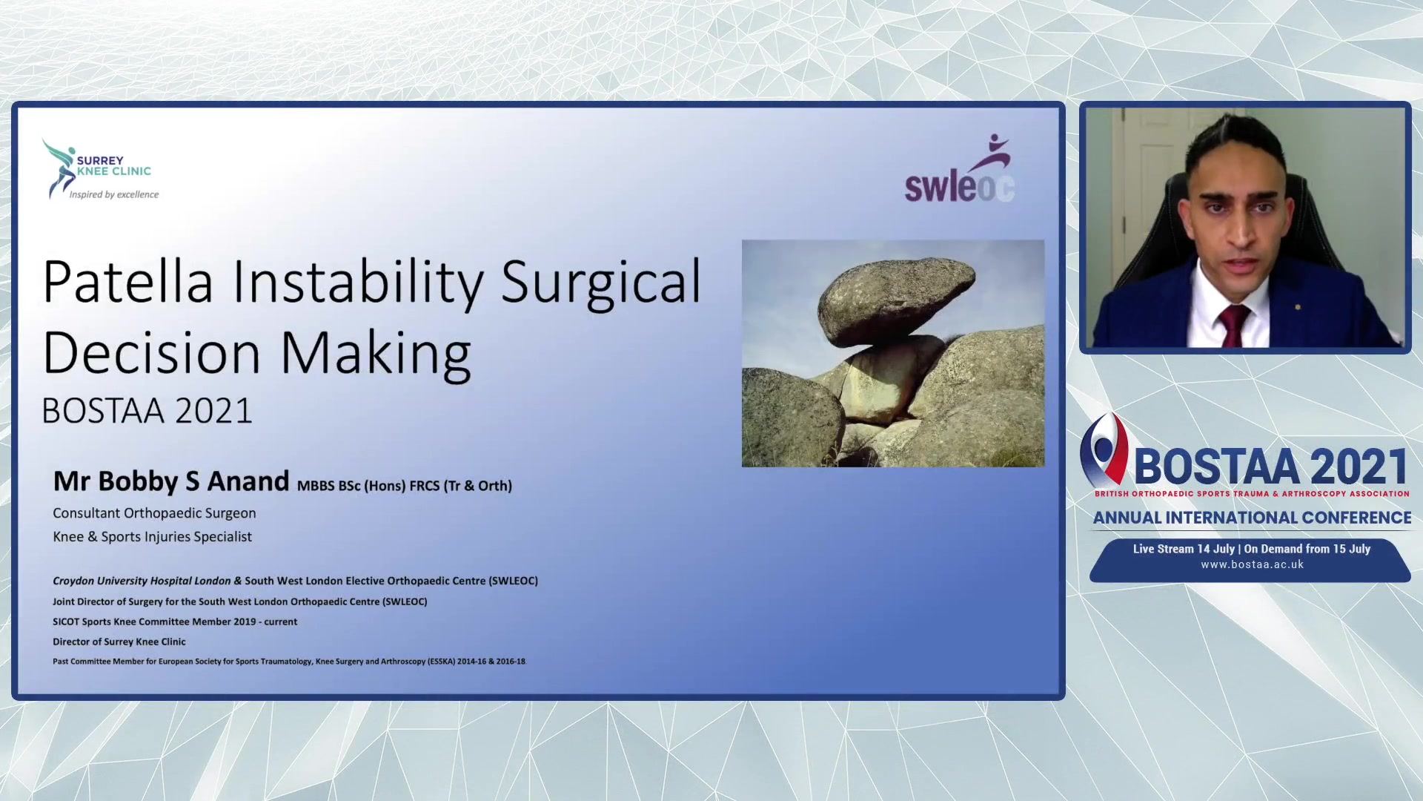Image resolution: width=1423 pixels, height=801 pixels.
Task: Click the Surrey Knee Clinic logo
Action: pyautogui.click(x=99, y=169)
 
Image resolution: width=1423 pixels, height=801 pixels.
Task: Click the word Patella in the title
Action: pyautogui.click(x=128, y=283)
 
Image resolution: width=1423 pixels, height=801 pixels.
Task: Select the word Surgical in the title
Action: pyautogui.click(x=600, y=283)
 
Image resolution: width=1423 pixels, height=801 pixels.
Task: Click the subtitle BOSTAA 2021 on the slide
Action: pyautogui.click(x=147, y=411)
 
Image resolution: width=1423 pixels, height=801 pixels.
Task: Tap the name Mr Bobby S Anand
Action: pyautogui.click(x=171, y=481)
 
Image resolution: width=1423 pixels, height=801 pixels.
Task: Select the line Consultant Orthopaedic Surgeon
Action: pyautogui.click(x=154, y=513)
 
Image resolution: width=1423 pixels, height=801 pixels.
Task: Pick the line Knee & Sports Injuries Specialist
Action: pyautogui.click(x=152, y=537)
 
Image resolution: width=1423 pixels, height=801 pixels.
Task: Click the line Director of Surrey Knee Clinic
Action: pyautogui.click(x=119, y=642)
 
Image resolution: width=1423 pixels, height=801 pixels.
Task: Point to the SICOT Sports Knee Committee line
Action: pyautogui.click(x=175, y=622)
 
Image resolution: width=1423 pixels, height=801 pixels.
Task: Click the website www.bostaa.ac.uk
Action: pyautogui.click(x=1252, y=564)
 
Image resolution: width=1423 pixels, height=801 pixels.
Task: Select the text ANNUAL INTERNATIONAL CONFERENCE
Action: pyautogui.click(x=1252, y=518)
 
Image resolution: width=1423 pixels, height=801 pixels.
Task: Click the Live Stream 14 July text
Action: pyautogui.click(x=1184, y=549)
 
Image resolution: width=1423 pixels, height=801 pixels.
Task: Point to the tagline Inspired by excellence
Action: pyautogui.click(x=114, y=194)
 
